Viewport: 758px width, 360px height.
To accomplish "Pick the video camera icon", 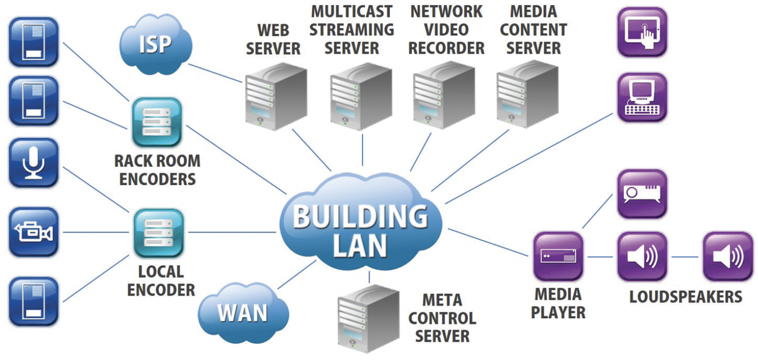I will pos(33,232).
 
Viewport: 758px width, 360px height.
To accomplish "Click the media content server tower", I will pos(528,95).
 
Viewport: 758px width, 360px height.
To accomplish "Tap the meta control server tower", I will pos(369,319).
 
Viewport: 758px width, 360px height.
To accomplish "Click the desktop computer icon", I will pos(642,97).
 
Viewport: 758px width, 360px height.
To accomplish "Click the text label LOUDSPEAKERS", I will pos(685,296).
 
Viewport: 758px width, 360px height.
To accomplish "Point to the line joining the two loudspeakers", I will pos(685,257).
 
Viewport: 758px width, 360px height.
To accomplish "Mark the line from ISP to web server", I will pos(215,73).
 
